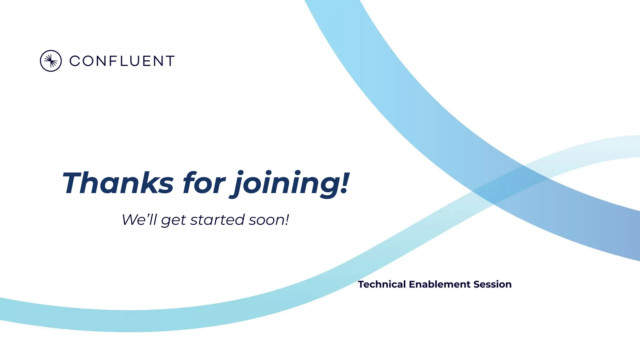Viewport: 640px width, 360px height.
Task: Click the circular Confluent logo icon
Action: point(51,61)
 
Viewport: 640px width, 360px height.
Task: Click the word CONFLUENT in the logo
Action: point(122,61)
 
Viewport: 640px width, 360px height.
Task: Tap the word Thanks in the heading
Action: point(118,183)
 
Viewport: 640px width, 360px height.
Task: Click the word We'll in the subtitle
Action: point(139,219)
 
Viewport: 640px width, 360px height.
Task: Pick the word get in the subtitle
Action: point(174,221)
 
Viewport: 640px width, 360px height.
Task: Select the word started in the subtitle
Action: point(217,219)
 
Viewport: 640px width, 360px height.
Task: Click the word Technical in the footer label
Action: point(382,284)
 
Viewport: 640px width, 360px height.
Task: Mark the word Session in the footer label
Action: point(492,284)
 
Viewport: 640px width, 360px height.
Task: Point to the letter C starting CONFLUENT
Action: point(75,61)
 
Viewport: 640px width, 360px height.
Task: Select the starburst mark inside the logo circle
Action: point(51,61)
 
